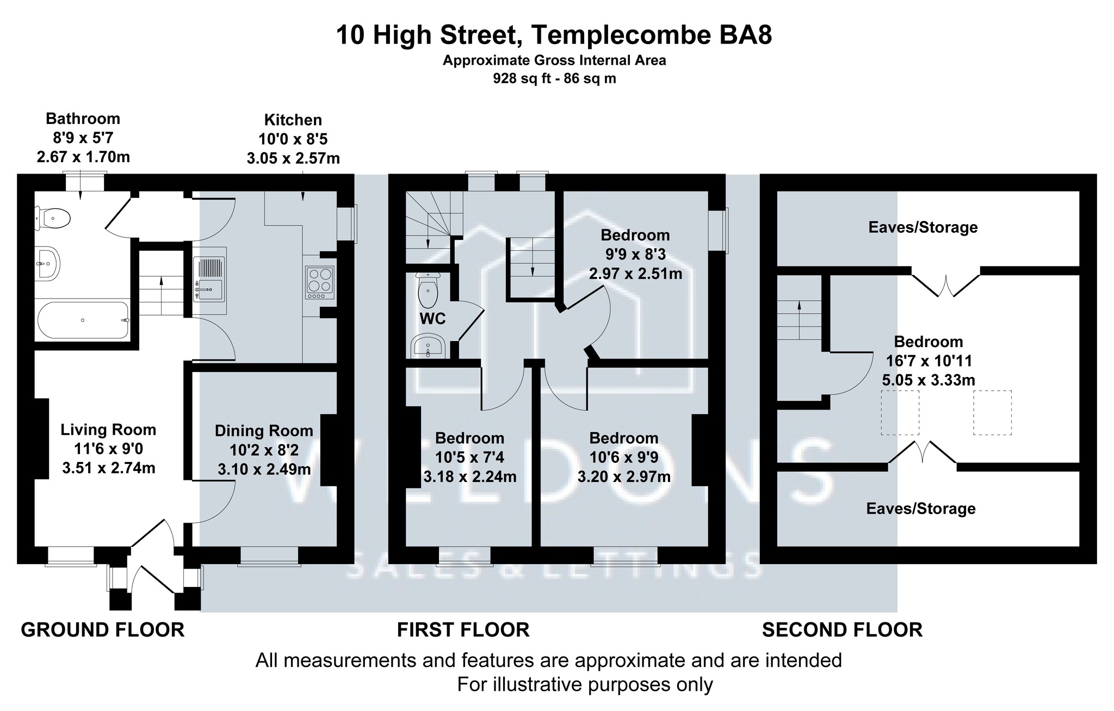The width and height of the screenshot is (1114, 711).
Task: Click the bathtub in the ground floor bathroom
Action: tap(83, 320)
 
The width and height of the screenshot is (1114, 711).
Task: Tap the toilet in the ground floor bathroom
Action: tap(53, 219)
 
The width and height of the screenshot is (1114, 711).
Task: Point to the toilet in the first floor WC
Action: tap(428, 291)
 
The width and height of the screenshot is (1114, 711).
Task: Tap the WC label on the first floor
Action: tap(432, 319)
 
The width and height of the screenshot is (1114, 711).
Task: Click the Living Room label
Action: tap(108, 430)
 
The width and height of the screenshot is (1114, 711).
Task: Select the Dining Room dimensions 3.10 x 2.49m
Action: tap(264, 468)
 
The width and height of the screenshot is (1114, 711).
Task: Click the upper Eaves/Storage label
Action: tap(923, 227)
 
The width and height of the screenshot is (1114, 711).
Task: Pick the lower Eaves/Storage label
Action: tap(920, 509)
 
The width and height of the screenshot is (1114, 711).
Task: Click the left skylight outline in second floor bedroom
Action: tap(900, 412)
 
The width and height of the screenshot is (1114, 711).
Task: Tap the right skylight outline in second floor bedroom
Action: tap(992, 412)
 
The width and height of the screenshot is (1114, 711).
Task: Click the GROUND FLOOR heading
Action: tap(103, 630)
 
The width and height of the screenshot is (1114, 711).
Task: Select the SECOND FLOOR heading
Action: tap(842, 630)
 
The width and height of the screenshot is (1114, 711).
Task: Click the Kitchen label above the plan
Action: tap(293, 120)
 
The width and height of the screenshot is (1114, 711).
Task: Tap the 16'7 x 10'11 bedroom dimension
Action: tap(928, 361)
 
